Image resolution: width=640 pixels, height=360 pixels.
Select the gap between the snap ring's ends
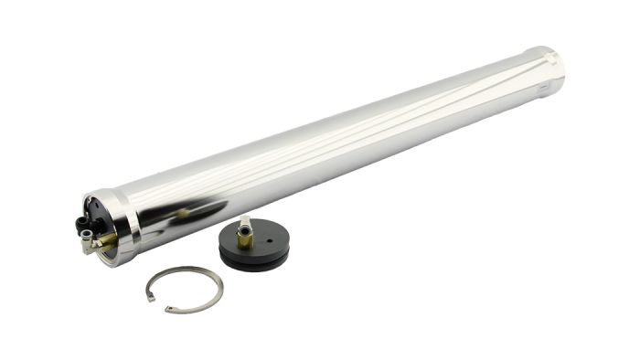tap(158, 303)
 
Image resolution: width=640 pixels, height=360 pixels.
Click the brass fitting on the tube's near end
tap(104, 240)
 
